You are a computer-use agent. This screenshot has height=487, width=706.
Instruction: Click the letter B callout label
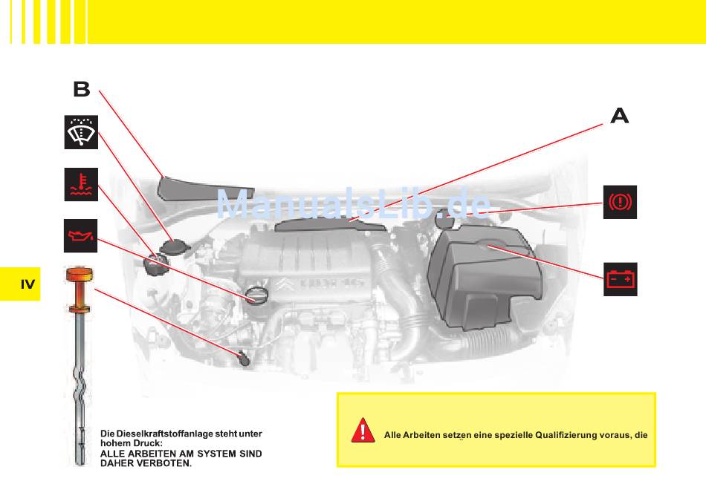[82, 89]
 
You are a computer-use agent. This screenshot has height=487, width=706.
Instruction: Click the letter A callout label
[620, 116]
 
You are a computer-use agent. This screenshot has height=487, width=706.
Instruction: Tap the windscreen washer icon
[81, 132]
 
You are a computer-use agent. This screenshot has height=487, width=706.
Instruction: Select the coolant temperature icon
[81, 184]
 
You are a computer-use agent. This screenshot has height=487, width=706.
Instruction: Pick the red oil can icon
[80, 235]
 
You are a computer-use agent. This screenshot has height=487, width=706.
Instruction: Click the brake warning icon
[620, 202]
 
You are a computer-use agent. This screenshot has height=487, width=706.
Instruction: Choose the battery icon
[621, 279]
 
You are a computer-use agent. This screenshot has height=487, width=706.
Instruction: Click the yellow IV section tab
[20, 284]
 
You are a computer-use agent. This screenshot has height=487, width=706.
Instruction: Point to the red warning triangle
[363, 430]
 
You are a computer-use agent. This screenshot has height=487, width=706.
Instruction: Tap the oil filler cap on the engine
[256, 295]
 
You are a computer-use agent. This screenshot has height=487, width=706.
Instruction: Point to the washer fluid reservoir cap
[175, 247]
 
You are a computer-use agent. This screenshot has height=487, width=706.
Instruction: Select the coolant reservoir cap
[156, 264]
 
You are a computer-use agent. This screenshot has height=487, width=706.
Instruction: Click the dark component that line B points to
[205, 189]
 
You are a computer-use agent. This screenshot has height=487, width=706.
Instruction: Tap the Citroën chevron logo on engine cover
[282, 284]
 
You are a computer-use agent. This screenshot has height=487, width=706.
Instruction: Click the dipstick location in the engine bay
[244, 359]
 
